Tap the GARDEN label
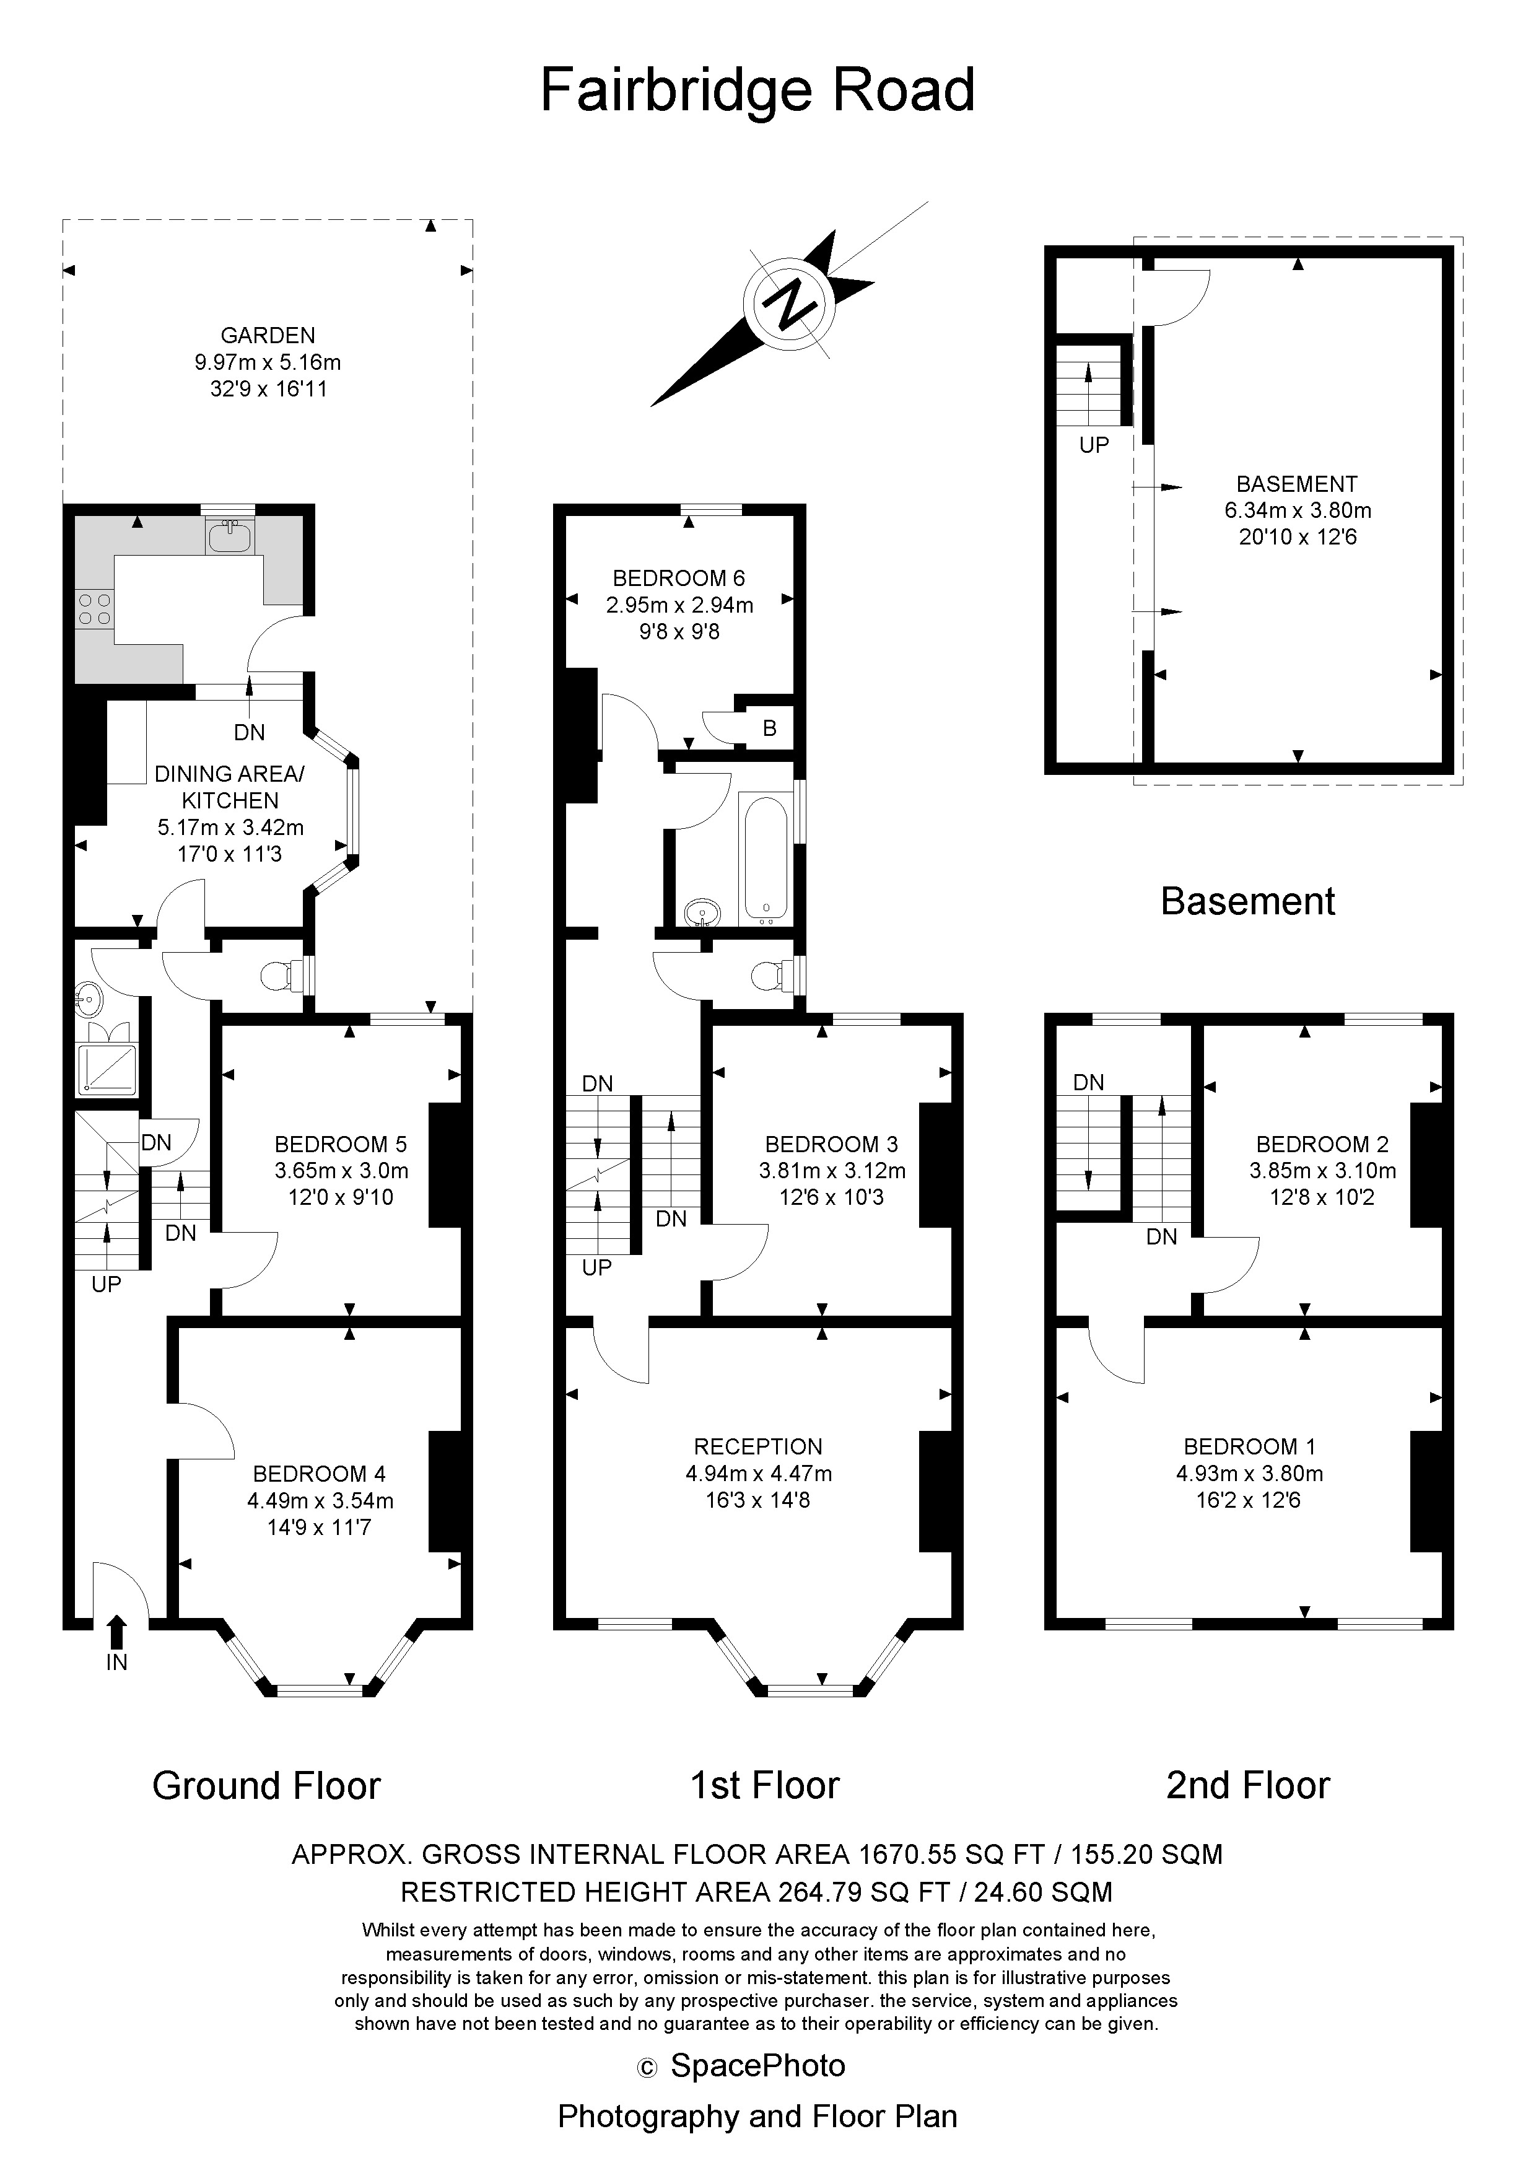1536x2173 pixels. [x=268, y=335]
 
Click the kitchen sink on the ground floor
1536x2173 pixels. [x=229, y=538]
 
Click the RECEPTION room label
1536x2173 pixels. [x=758, y=1446]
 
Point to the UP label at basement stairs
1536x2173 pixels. [x=1093, y=445]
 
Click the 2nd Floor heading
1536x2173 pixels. [x=1247, y=1786]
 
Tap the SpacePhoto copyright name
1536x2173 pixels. [x=757, y=2065]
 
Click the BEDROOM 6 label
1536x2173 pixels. [x=679, y=577]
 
